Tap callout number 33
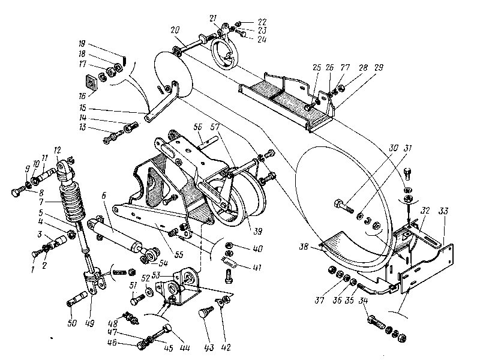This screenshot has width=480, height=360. [x=444, y=211]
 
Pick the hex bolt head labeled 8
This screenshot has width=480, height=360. [x=16, y=192]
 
